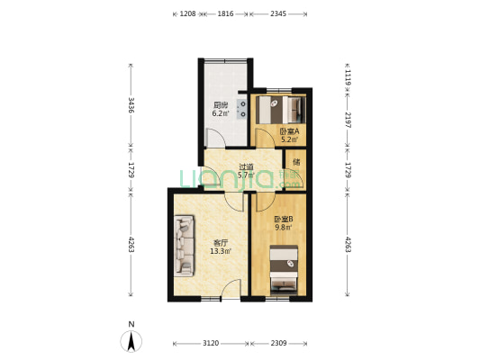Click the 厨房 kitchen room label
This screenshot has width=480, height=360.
pos(220,103)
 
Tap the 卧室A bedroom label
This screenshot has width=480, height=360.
pos(289,130)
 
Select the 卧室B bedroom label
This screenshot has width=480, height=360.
pos(284,219)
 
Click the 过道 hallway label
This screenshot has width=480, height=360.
pos(245,166)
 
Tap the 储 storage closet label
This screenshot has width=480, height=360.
pos(295,163)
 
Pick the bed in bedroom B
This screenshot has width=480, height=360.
pos(285,273)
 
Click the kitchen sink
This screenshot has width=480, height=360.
pos(243,109)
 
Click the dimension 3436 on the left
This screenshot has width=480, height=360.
pos(131,107)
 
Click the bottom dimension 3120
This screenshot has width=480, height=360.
pos(211,344)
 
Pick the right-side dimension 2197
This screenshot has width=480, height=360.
pos(347,121)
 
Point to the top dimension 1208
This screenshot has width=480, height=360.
pos(188,13)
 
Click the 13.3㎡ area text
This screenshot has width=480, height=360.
pos(221,251)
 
